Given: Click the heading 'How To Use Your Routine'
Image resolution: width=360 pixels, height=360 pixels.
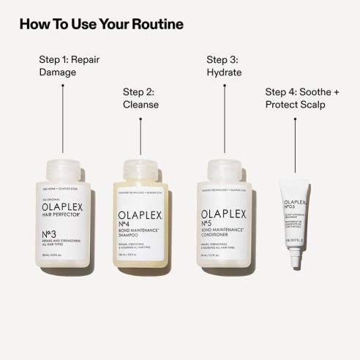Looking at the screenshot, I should click(x=101, y=24).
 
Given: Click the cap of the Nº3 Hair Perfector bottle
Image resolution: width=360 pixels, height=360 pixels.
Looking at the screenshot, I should click(x=63, y=169).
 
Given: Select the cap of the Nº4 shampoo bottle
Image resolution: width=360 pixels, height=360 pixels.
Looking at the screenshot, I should click(x=142, y=169).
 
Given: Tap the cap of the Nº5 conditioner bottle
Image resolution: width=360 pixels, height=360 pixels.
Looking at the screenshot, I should click(x=221, y=169).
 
